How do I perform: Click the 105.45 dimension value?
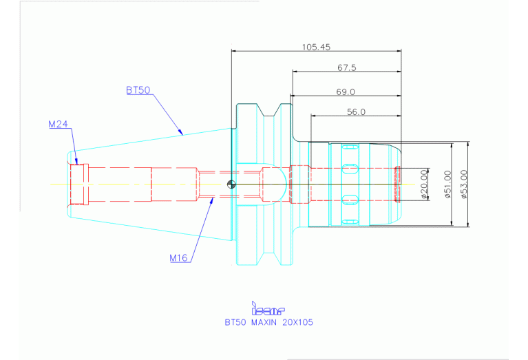pyautogui.click(x=316, y=47)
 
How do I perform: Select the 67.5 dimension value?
pyautogui.click(x=346, y=67)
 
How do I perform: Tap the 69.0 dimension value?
pyautogui.click(x=346, y=92)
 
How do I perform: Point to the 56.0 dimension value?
pyautogui.click(x=356, y=112)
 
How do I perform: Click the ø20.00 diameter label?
pyautogui.click(x=424, y=184)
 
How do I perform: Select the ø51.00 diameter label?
pyautogui.click(x=447, y=184)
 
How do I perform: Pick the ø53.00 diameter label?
pyautogui.click(x=464, y=184)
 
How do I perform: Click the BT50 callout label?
pyautogui.click(x=138, y=90)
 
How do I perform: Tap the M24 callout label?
pyautogui.click(x=59, y=125)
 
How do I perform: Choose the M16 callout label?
pyautogui.click(x=178, y=258)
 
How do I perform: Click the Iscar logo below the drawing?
pyautogui.click(x=268, y=308)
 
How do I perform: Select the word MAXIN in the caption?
pyautogui.click(x=264, y=322)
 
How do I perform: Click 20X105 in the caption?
pyautogui.click(x=297, y=322)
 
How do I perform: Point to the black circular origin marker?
pyautogui.click(x=231, y=184)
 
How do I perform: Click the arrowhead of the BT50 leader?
pyautogui.click(x=180, y=131)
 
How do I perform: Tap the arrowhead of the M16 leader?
pyautogui.click(x=211, y=201)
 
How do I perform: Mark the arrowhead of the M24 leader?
pyautogui.click(x=76, y=161)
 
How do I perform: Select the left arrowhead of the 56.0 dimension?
pyautogui.click(x=314, y=116)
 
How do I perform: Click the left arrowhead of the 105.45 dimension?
pyautogui.click(x=235, y=51)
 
